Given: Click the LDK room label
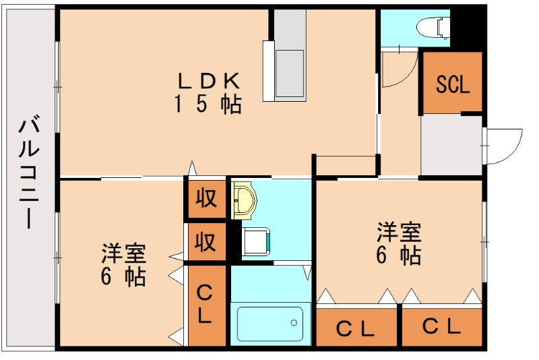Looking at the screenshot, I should click(209, 81).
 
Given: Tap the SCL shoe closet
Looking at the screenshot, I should click(451, 84).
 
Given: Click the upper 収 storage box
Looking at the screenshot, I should click(205, 198).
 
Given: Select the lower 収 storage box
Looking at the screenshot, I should click(205, 241).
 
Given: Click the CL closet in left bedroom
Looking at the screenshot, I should click(205, 305).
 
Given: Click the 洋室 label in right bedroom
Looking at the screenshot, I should click(399, 233).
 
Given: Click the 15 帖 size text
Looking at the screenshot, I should click(209, 104).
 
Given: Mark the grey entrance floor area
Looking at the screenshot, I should click(451, 145).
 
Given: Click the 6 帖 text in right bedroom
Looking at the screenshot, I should click(399, 256).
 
